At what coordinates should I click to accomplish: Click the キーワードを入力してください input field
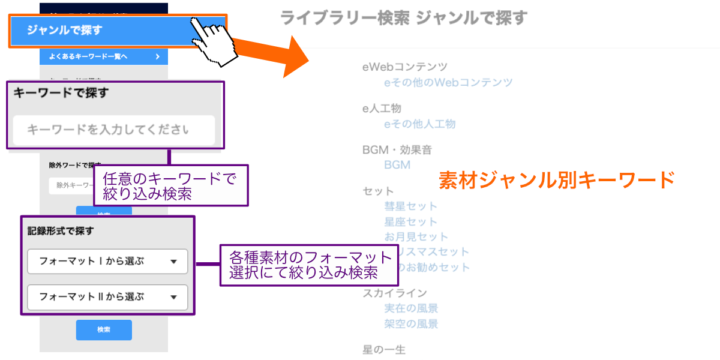(x=113, y=130)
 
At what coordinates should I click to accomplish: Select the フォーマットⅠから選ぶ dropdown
(x=107, y=262)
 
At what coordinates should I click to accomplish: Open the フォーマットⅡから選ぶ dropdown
(x=107, y=297)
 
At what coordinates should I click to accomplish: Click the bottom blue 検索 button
(x=104, y=330)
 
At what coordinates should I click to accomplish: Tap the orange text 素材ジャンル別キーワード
(x=557, y=179)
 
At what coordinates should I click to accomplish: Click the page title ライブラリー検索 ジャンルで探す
(x=404, y=18)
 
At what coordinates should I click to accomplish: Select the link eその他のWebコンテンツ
(x=448, y=82)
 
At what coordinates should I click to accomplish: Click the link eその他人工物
(x=420, y=124)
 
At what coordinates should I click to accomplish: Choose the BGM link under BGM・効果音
(x=397, y=164)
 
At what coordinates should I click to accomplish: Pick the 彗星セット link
(x=411, y=206)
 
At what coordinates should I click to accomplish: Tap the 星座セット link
(x=411, y=221)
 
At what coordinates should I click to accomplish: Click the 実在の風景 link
(x=411, y=308)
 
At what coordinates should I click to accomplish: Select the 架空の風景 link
(x=411, y=324)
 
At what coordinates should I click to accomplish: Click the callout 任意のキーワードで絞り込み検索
(x=170, y=185)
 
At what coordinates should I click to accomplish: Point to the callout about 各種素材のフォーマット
(x=310, y=265)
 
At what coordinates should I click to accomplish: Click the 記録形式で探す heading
(x=61, y=230)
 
